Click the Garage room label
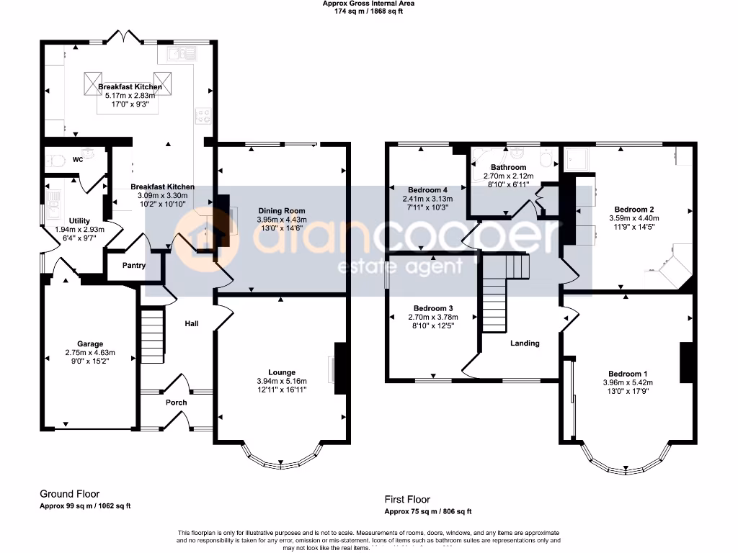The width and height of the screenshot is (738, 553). (x=90, y=343)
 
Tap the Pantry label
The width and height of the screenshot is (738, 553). (x=134, y=265)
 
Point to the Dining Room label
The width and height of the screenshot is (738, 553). (x=281, y=210)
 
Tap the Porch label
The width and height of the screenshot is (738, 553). (x=177, y=403)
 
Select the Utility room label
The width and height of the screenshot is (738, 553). (x=79, y=220)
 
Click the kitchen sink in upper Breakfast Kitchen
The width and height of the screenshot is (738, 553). (x=179, y=53)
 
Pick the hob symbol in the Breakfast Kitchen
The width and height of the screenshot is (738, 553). (x=203, y=115)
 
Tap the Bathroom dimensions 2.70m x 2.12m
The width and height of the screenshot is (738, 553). (x=509, y=176)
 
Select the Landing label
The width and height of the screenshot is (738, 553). (x=525, y=343)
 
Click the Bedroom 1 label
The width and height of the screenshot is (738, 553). (x=627, y=374)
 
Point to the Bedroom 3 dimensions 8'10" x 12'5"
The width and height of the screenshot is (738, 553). (x=431, y=325)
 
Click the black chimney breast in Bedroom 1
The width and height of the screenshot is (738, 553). (x=687, y=362)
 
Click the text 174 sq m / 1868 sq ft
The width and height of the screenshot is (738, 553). (x=368, y=12)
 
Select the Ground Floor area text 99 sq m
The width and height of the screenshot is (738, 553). (x=84, y=506)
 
